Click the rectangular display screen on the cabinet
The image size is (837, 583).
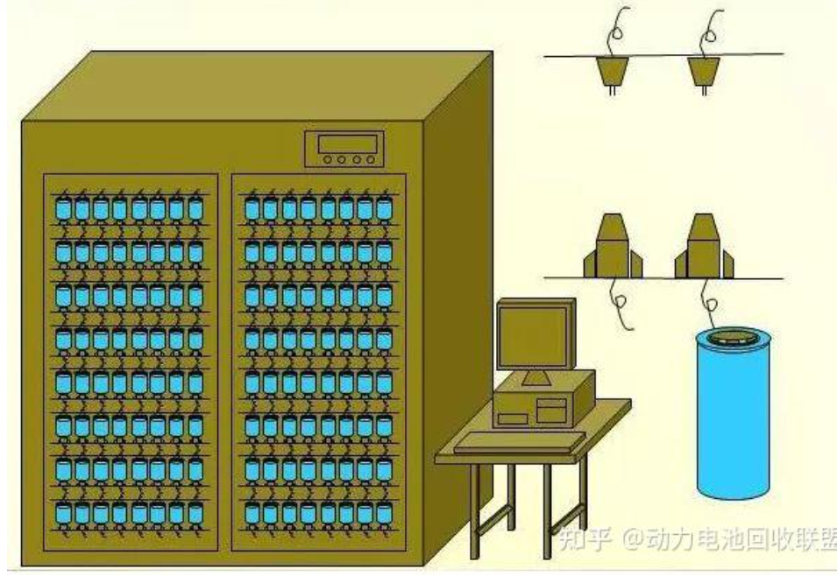pyautogui.click(x=344, y=144)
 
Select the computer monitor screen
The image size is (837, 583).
pyautogui.click(x=530, y=336)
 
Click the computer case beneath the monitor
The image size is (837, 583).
pyautogui.click(x=543, y=404)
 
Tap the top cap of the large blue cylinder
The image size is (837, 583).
pyautogui.click(x=730, y=336)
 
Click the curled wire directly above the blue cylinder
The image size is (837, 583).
pyautogui.click(x=708, y=302)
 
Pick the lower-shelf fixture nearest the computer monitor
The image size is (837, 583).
pyautogui.click(x=611, y=246)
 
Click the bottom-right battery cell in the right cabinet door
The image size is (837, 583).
pyautogui.click(x=383, y=514)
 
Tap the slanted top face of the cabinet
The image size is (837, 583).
pyautogui.click(x=254, y=88)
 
